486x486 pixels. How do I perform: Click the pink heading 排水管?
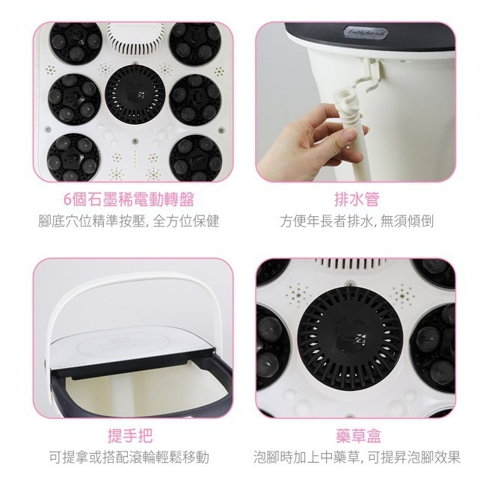pyautogui.click(x=356, y=200)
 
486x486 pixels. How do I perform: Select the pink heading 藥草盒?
pyautogui.click(x=356, y=436)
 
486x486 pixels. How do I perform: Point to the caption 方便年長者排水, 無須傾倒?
pyautogui.click(x=356, y=221)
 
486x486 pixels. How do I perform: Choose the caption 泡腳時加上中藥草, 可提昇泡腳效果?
pyautogui.click(x=356, y=457)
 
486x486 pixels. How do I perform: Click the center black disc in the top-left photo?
pyautogui.click(x=136, y=97)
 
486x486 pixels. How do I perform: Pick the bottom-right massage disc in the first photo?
pyautogui.click(x=196, y=156)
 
